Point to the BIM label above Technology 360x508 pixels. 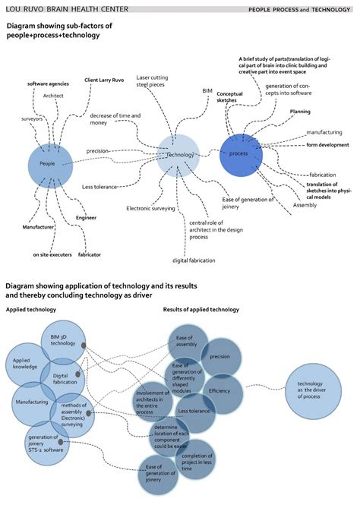pos(207,90)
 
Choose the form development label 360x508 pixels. pos(327,144)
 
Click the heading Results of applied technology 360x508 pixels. pos(201,310)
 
